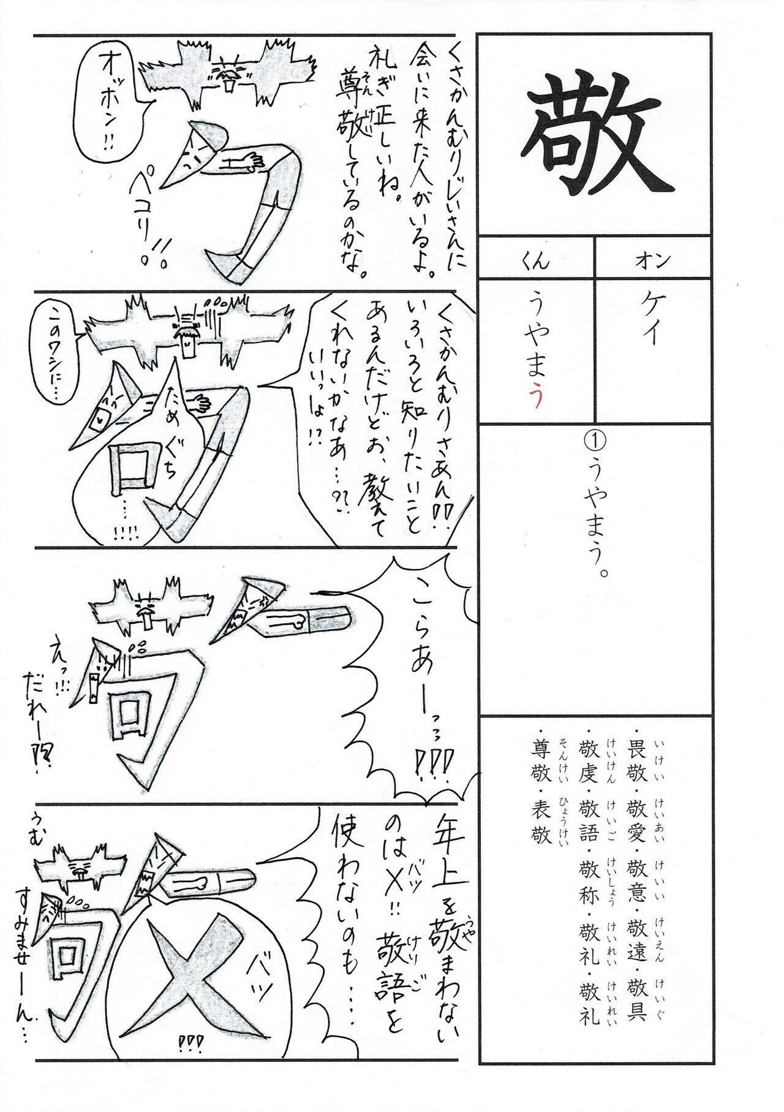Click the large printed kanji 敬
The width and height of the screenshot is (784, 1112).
(597, 135)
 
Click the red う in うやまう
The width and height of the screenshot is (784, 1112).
(536, 398)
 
